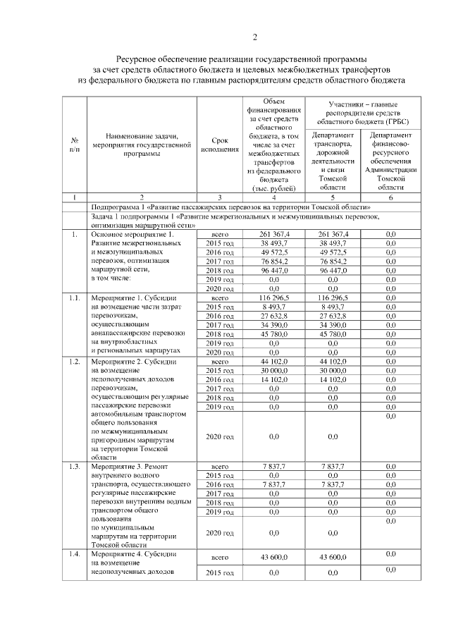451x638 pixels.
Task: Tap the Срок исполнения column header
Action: pos(219,145)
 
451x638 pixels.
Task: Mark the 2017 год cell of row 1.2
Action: pos(219,388)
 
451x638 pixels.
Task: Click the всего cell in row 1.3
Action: pos(219,467)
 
